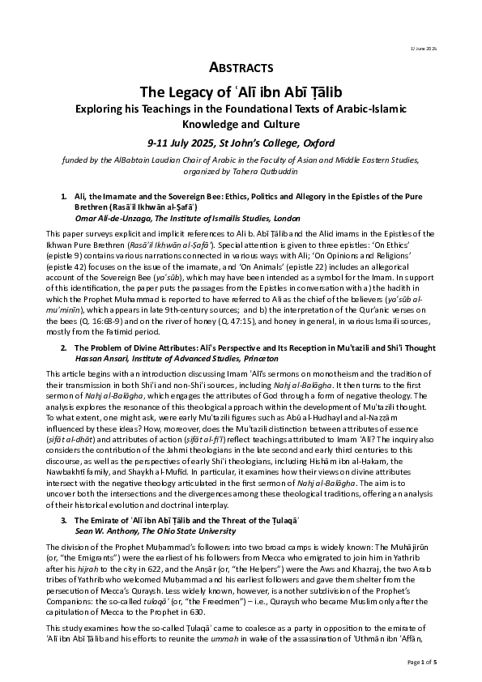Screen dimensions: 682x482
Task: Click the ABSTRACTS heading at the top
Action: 241,67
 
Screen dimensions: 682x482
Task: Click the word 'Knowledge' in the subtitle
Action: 204,125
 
